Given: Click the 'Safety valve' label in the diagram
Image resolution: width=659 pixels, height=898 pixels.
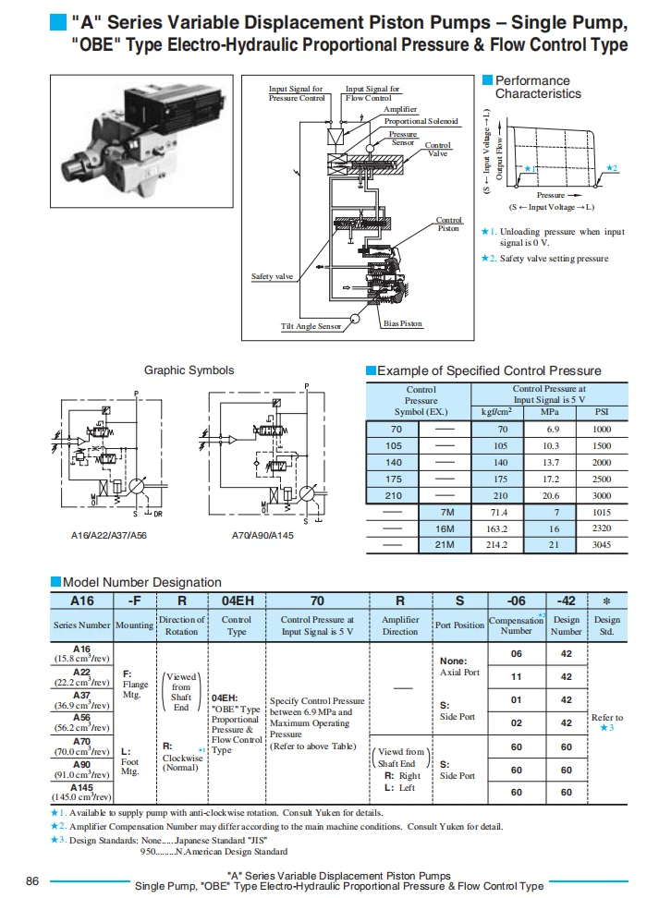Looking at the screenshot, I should (273, 276).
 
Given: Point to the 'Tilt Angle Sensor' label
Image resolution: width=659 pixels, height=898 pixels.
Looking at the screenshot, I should (311, 326).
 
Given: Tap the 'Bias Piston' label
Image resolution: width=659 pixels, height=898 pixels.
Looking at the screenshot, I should (402, 323).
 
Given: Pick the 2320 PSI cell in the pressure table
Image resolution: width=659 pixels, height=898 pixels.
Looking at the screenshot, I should (602, 528).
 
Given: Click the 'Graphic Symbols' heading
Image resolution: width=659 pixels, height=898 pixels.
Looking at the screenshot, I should (189, 370).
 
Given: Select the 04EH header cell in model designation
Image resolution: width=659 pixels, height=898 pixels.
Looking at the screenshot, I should (237, 600).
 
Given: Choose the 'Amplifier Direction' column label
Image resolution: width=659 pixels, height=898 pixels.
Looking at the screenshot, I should (400, 625).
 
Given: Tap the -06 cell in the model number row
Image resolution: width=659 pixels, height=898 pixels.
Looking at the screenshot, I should (516, 600).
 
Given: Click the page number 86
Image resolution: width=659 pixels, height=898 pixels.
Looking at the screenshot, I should (32, 880).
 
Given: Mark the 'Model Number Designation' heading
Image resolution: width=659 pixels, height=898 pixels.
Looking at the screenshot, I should (142, 582).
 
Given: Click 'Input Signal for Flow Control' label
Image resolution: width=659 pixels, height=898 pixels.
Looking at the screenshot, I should (372, 93).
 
